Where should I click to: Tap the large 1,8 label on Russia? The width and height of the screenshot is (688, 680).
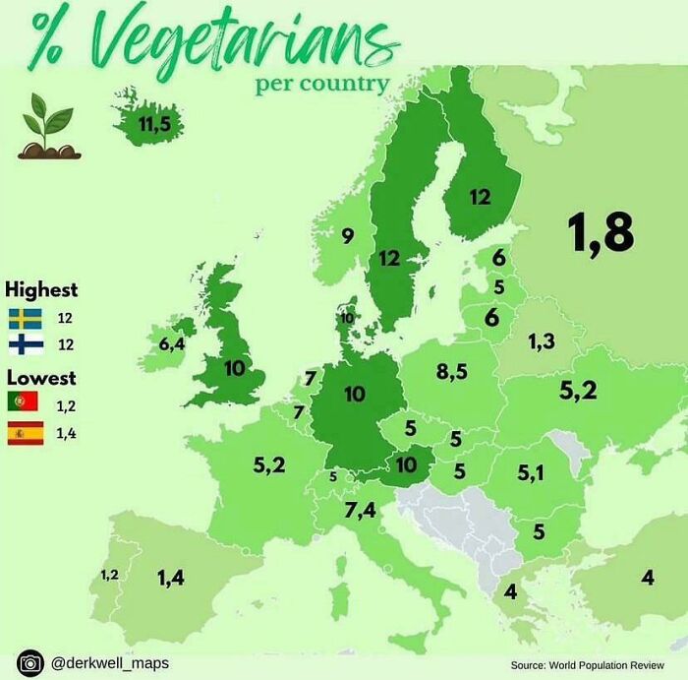pyautogui.click(x=600, y=233)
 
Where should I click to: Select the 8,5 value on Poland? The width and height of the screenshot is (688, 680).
pyautogui.click(x=451, y=372)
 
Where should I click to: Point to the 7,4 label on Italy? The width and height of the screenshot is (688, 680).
pyautogui.click(x=361, y=510)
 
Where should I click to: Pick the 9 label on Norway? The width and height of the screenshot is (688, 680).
pyautogui.click(x=347, y=235)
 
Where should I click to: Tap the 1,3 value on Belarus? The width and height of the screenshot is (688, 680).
pyautogui.click(x=542, y=341)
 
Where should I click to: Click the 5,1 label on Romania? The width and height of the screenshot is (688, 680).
pyautogui.click(x=531, y=473)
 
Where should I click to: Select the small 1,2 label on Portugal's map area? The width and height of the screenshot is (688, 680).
pyautogui.click(x=109, y=574)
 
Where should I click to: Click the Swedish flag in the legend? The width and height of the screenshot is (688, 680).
pyautogui.click(x=25, y=318)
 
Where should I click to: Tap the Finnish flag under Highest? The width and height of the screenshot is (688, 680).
pyautogui.click(x=25, y=344)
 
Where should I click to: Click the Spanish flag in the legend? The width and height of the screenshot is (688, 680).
pyautogui.click(x=25, y=433)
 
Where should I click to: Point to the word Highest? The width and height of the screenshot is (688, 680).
pyautogui.click(x=41, y=290)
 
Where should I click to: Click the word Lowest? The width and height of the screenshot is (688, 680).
pyautogui.click(x=41, y=377)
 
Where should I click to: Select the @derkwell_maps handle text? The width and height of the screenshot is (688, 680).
pyautogui.click(x=102, y=664)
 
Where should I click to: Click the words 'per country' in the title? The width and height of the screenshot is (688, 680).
pyautogui.click(x=321, y=83)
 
